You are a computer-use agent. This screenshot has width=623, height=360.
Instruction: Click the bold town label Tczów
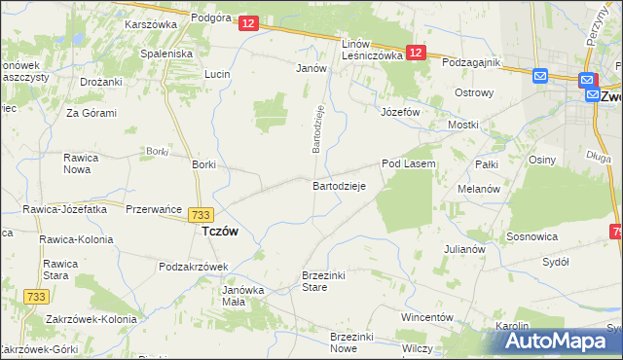220,233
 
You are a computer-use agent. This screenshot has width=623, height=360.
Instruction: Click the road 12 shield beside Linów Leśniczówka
416,54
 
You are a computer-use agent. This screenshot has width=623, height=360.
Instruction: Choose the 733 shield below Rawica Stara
36,296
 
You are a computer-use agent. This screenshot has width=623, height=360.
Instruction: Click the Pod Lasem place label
408,164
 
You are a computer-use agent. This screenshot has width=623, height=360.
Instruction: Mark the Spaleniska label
166,54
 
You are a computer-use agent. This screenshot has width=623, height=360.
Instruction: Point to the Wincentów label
428,318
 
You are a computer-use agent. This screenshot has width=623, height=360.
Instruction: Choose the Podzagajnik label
470,62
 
